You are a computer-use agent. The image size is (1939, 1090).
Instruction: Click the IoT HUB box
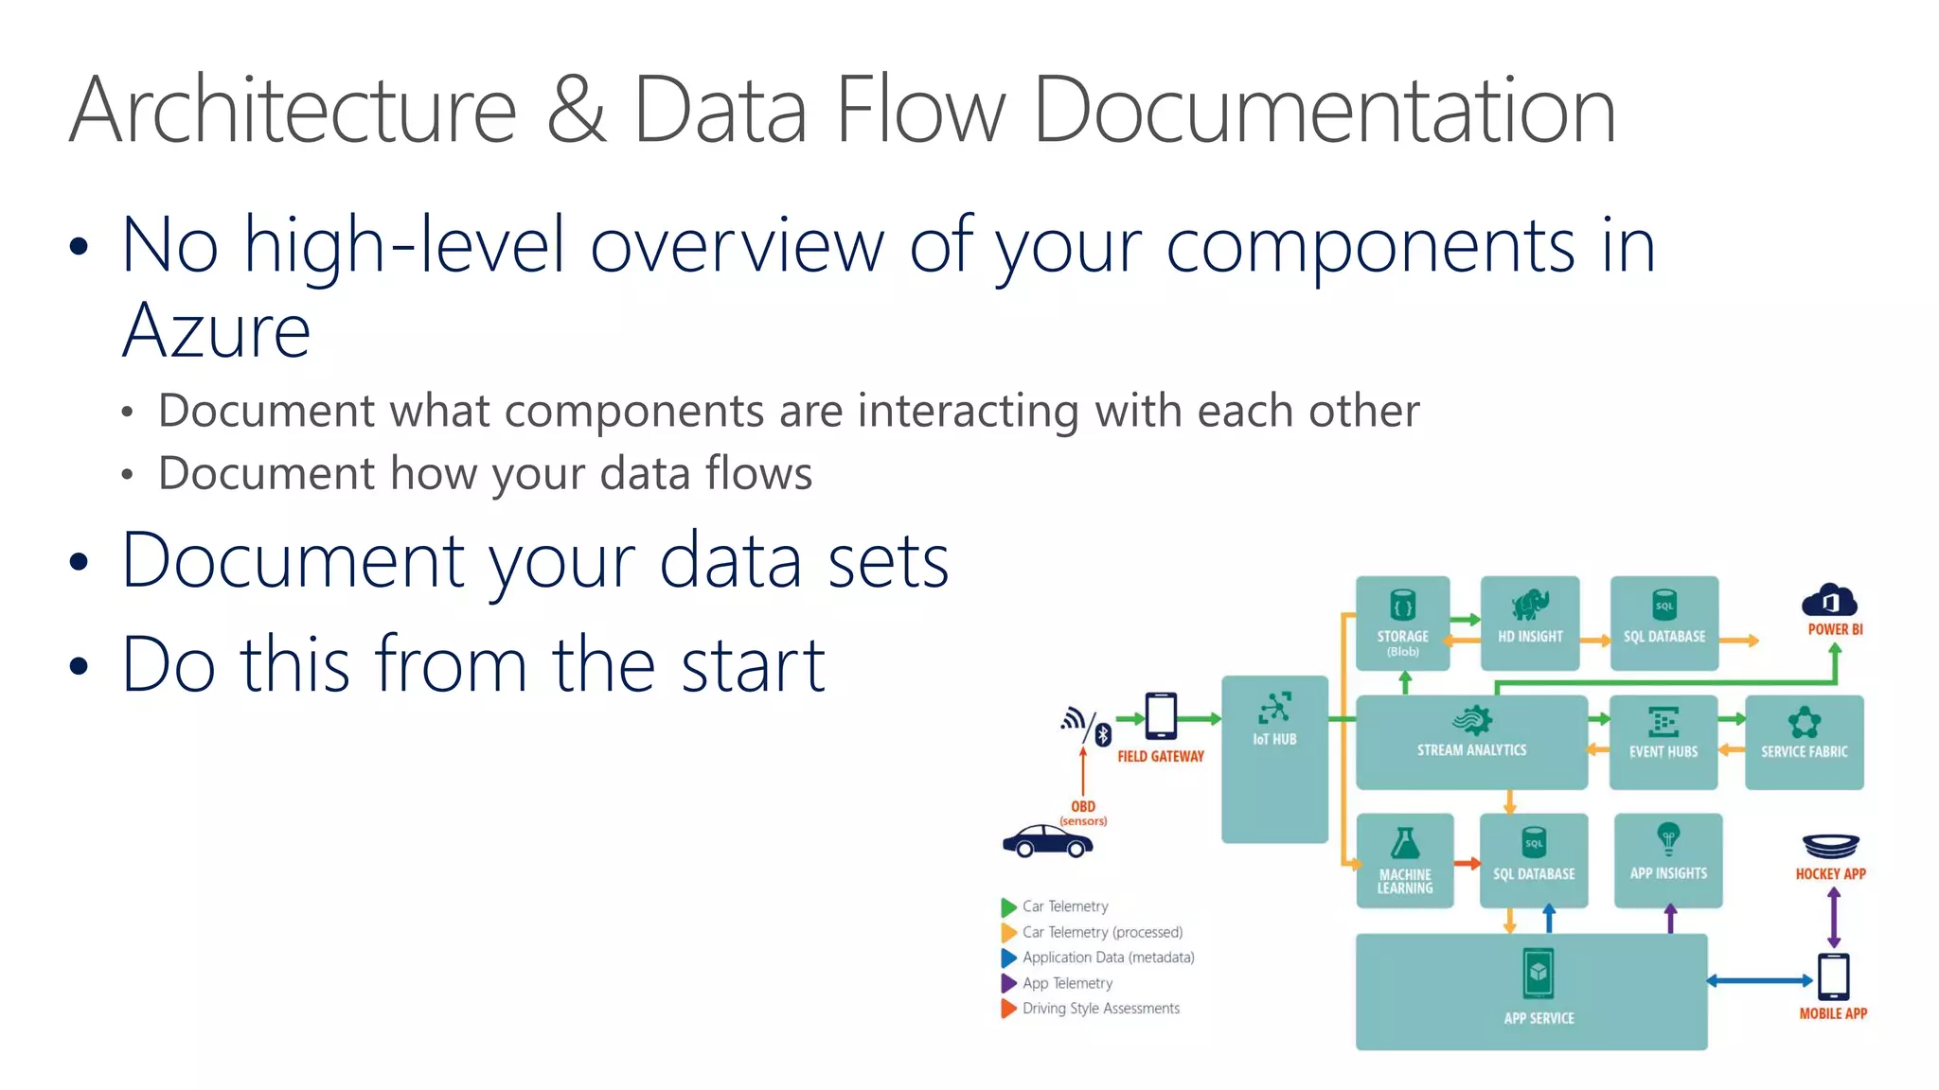pos(1274,757)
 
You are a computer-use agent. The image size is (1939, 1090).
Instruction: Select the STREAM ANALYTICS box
pos(1471,742)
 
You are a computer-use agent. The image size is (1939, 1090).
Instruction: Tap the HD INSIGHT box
pos(1530,623)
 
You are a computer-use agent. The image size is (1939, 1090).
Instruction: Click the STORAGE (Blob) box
pos(1402,623)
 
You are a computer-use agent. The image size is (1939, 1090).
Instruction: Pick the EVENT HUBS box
pos(1663,742)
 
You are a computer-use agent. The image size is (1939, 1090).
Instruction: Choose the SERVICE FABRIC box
pos(1804,742)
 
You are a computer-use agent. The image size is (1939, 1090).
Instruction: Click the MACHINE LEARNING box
pos(1405,860)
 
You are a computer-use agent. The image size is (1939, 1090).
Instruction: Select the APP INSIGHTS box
pos(1668,860)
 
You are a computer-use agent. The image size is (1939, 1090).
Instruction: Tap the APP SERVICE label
pos(1539,1018)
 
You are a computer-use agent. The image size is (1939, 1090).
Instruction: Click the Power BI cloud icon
pos(1829,601)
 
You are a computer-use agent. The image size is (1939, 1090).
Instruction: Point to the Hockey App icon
pos(1831,845)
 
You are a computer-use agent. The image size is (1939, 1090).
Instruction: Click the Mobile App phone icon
pos(1834,976)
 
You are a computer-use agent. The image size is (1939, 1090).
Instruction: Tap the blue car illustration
pos(1047,840)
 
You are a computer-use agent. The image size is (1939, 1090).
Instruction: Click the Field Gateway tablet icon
pos(1161,716)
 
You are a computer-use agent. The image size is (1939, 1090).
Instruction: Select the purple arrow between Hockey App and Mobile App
pos(1834,918)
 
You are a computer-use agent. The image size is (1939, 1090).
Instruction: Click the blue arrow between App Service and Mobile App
pos(1760,981)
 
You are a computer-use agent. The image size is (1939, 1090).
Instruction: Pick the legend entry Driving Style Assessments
pos(1100,1009)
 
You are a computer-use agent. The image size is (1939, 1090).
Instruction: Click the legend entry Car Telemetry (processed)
pos(1102,932)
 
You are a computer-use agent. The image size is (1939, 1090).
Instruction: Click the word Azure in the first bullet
pos(216,331)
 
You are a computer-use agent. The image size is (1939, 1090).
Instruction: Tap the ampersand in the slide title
pos(575,110)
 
